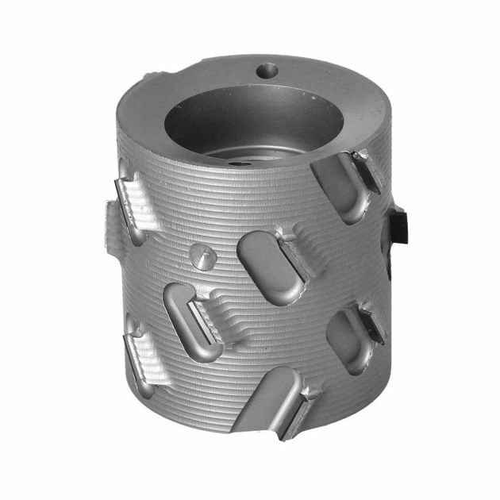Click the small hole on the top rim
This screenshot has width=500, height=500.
click(x=267, y=71)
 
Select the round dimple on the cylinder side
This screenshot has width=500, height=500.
click(x=202, y=256)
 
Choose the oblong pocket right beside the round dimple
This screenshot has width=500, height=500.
click(x=267, y=266)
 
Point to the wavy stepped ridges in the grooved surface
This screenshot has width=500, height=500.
click(x=238, y=325)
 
